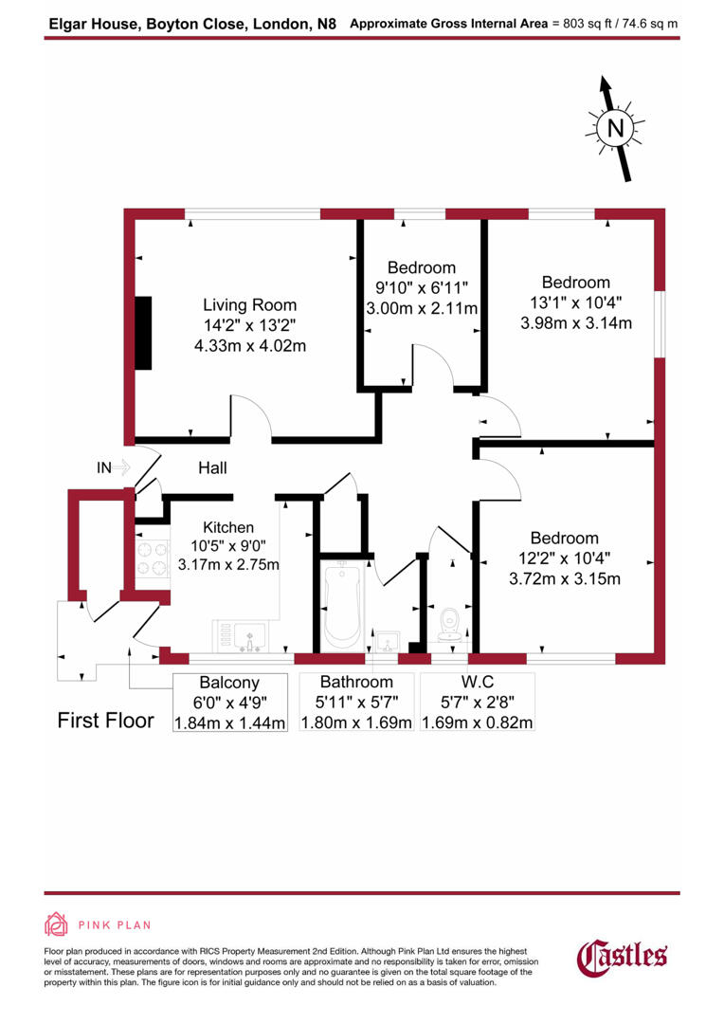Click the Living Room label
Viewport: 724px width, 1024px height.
249,305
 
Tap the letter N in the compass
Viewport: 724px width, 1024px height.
616,128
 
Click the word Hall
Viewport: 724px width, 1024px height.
212,468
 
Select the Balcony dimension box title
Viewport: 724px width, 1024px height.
229,683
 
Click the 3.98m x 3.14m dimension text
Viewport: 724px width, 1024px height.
576,322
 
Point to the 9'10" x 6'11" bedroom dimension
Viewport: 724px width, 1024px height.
422,287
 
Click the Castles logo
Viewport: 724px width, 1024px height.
623,955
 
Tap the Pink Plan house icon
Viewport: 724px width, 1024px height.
57,924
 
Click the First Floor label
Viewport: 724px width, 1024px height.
105,721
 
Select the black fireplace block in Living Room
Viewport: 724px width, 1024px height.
143,333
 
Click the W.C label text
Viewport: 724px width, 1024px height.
477,683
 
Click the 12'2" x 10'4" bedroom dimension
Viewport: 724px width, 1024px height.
565,558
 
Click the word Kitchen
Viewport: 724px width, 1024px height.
228,528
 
